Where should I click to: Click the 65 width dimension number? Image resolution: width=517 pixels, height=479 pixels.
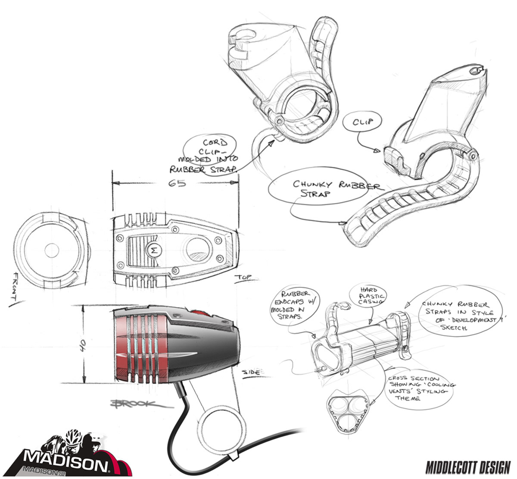177,183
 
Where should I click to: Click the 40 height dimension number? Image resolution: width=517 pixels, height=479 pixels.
83,344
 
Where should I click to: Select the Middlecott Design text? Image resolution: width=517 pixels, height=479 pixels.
468,467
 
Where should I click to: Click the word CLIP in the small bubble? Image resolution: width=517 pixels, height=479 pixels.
362,122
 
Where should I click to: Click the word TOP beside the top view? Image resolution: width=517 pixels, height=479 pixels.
244,278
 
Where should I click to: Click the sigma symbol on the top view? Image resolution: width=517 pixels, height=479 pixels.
153,250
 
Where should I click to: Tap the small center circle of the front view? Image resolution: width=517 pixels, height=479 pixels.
51,249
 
